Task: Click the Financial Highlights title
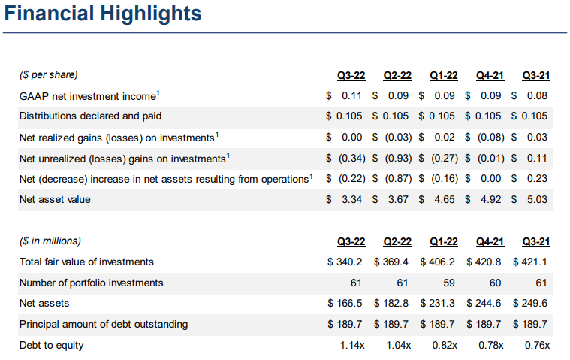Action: click(103, 14)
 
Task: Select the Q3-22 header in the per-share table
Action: click(351, 75)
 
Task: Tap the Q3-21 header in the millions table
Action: click(536, 241)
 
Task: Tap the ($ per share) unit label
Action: click(49, 75)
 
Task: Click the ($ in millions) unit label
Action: click(50, 241)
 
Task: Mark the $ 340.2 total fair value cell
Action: click(345, 262)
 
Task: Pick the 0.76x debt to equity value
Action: click(536, 345)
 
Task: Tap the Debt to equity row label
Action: click(51, 345)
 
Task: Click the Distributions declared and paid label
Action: click(91, 116)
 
